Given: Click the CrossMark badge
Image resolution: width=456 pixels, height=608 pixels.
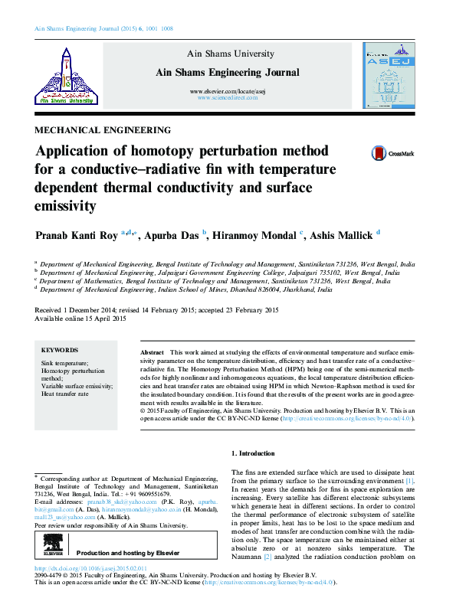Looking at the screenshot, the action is click(x=392, y=153).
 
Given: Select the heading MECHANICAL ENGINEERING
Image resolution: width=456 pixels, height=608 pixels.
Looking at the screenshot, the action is click(x=103, y=130).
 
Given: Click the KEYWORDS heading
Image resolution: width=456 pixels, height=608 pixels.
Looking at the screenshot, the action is click(x=60, y=348).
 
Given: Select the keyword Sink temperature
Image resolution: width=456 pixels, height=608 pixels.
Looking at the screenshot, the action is click(x=64, y=362).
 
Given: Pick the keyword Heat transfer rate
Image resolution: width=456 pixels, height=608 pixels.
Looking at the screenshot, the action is click(x=65, y=394).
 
